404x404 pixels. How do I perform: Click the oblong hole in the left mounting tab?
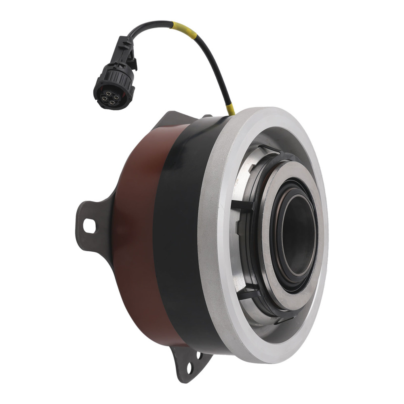pos(89,225)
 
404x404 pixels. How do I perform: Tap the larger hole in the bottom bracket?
pos(189,367)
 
